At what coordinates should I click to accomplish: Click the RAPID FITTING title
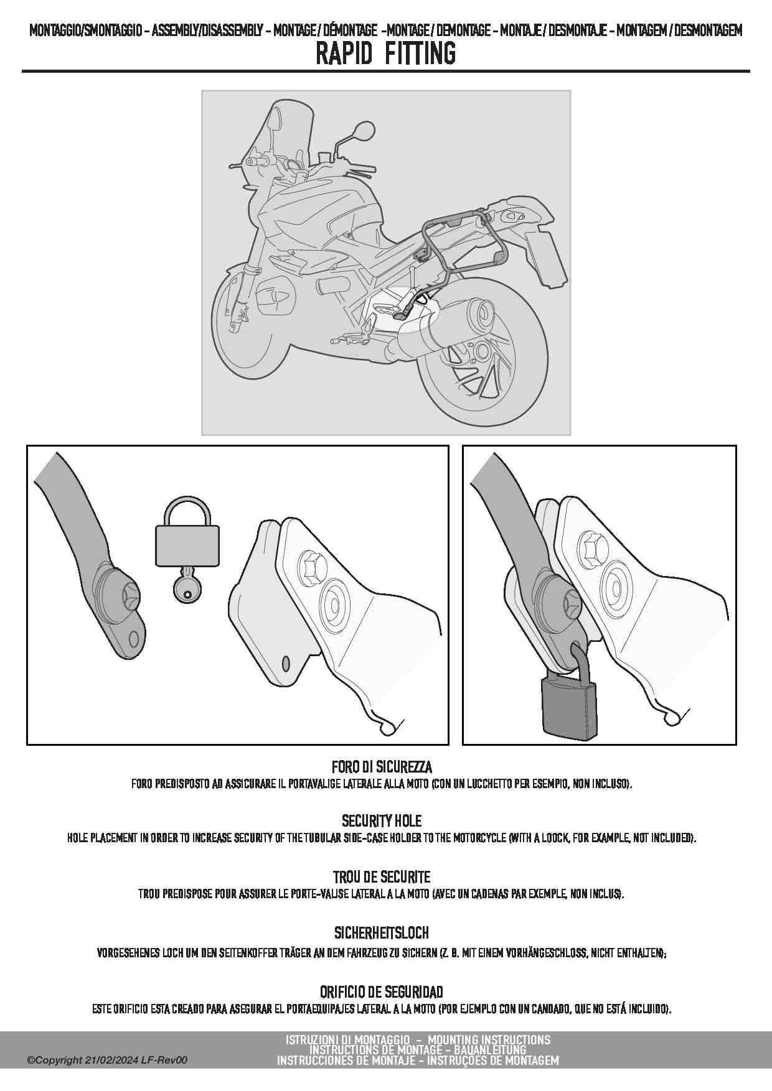click(x=385, y=53)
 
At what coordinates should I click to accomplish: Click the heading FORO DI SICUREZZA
click(x=382, y=767)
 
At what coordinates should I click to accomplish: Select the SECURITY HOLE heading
click(x=382, y=821)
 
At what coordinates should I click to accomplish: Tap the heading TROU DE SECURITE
click(x=382, y=877)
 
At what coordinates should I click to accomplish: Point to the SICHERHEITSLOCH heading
click(x=382, y=933)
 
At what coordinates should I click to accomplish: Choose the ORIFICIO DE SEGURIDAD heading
click(x=382, y=991)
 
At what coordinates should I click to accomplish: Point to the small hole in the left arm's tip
click(x=133, y=639)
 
